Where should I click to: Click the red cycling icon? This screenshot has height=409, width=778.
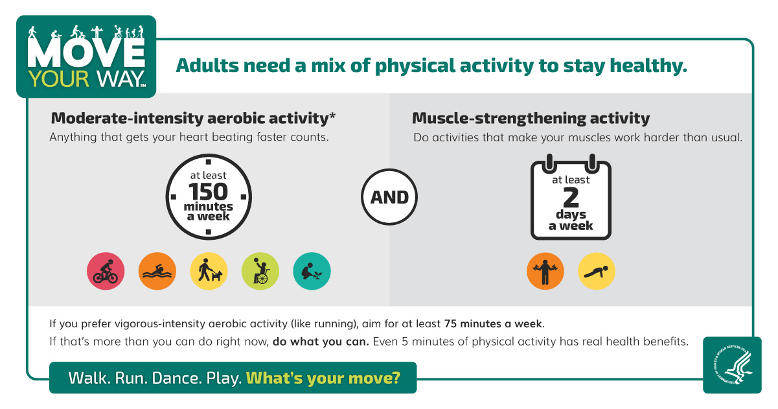click(x=106, y=271)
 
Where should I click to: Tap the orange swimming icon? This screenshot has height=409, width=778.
click(x=157, y=271)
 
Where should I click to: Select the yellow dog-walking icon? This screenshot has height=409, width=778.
click(x=209, y=271)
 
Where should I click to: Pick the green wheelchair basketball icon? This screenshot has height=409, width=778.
click(x=260, y=271)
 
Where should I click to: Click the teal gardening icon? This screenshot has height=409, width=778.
click(x=312, y=271)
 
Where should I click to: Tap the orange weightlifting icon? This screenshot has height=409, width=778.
click(x=545, y=271)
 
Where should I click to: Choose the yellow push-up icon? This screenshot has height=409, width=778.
click(x=596, y=271)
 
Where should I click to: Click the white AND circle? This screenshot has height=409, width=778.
click(x=389, y=197)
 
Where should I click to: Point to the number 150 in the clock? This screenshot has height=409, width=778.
click(x=209, y=192)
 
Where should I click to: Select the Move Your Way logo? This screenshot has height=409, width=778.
click(x=87, y=57)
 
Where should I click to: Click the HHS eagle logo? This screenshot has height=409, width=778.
click(x=732, y=364)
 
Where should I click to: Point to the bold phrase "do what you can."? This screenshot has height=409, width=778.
click(x=321, y=342)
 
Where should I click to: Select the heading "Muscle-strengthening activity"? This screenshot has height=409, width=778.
click(x=531, y=119)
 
